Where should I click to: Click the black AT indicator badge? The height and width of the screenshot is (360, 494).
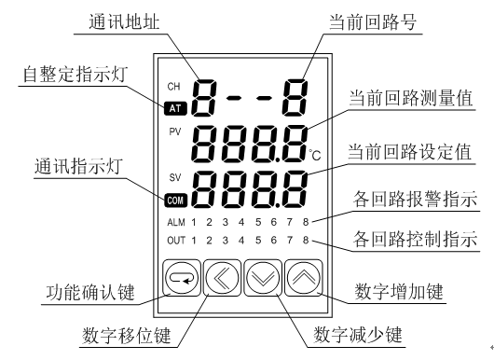tap(175, 108)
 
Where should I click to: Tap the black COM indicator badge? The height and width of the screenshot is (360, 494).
tap(175, 201)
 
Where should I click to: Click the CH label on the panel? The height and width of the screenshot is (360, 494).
tap(173, 87)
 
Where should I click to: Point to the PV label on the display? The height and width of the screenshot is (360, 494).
tap(175, 132)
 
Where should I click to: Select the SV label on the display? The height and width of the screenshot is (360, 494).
tap(175, 177)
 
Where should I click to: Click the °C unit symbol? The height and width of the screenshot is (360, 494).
tap(315, 155)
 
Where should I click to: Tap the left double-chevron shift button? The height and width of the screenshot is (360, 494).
tap(222, 278)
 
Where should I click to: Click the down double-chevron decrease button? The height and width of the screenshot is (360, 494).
tap(263, 278)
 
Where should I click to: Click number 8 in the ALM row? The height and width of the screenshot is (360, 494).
tap(306, 222)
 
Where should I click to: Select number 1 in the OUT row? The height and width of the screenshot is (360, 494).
tap(194, 241)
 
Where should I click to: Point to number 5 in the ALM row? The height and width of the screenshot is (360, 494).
tap(258, 222)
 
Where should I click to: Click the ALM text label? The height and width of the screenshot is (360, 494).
tap(176, 222)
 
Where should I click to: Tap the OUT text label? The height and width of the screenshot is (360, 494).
tap(176, 241)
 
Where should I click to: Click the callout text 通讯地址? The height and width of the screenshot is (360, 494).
tap(124, 21)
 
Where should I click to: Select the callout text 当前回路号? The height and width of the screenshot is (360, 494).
tap(373, 21)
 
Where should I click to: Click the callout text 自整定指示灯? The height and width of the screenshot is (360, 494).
tap(75, 75)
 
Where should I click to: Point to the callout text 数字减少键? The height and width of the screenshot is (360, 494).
tap(358, 335)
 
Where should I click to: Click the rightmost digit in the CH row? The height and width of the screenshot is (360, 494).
tap(295, 98)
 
